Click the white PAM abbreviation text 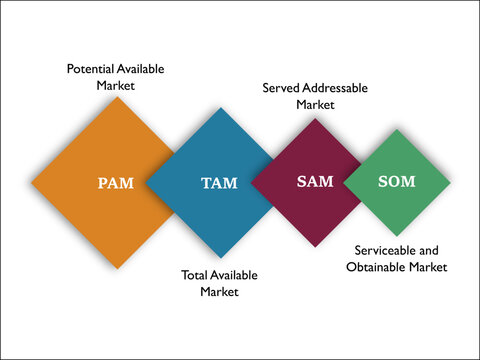coord(115,184)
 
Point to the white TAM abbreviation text coord(219,184)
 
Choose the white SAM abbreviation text coord(315,182)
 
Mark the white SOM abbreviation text coord(397,182)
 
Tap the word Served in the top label coord(281,88)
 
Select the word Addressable coord(335,88)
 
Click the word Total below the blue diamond coord(195,275)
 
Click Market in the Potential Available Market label coord(115,86)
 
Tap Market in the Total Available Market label coord(219,292)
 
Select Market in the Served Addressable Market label coord(315,104)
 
